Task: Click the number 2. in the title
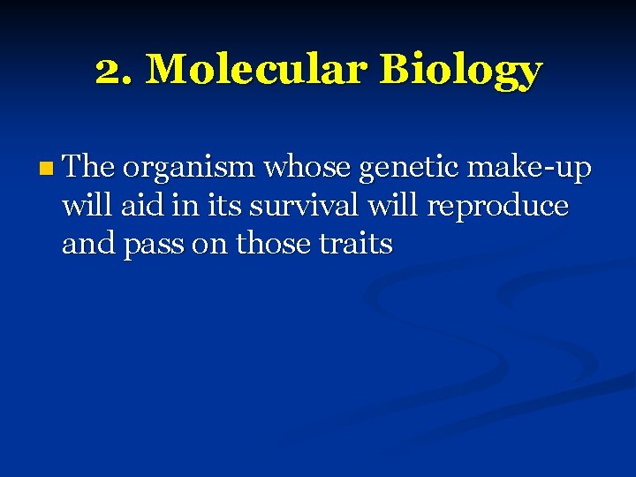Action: [115, 70]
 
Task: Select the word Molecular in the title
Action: [254, 70]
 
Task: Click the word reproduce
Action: [498, 207]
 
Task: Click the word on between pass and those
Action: [209, 245]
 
